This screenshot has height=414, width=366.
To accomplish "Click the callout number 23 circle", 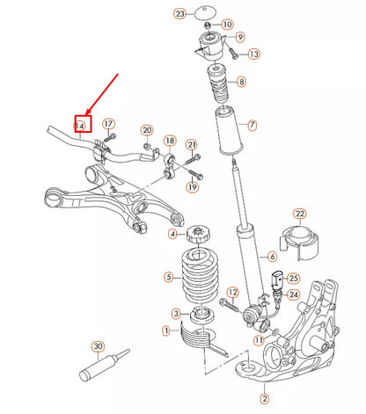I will pyautogui.click(x=180, y=14).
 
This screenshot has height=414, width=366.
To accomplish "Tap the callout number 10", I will pyautogui.click(x=228, y=24).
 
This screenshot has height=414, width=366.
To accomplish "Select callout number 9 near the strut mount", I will pyautogui.click(x=240, y=39).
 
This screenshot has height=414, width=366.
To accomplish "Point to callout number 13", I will pyautogui.click(x=254, y=54).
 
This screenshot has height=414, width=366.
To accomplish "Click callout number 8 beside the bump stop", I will pyautogui.click(x=242, y=82).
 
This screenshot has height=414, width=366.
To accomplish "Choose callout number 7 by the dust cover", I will pyautogui.click(x=252, y=125).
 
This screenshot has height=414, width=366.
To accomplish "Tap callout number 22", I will pyautogui.click(x=299, y=214).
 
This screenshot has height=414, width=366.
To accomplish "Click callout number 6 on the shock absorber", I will pyautogui.click(x=272, y=257).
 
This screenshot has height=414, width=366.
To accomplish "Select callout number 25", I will pyautogui.click(x=293, y=278).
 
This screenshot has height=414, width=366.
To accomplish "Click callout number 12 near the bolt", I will pyautogui.click(x=233, y=292).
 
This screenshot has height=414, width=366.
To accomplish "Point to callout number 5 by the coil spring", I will pyautogui.click(x=168, y=277).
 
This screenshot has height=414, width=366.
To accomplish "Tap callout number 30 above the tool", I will pyautogui.click(x=97, y=345).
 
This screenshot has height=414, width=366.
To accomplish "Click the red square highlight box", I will pyautogui.click(x=83, y=126).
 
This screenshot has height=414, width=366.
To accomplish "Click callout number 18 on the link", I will pyautogui.click(x=170, y=141).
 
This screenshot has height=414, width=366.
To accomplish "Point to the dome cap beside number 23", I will pyautogui.click(x=208, y=13).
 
